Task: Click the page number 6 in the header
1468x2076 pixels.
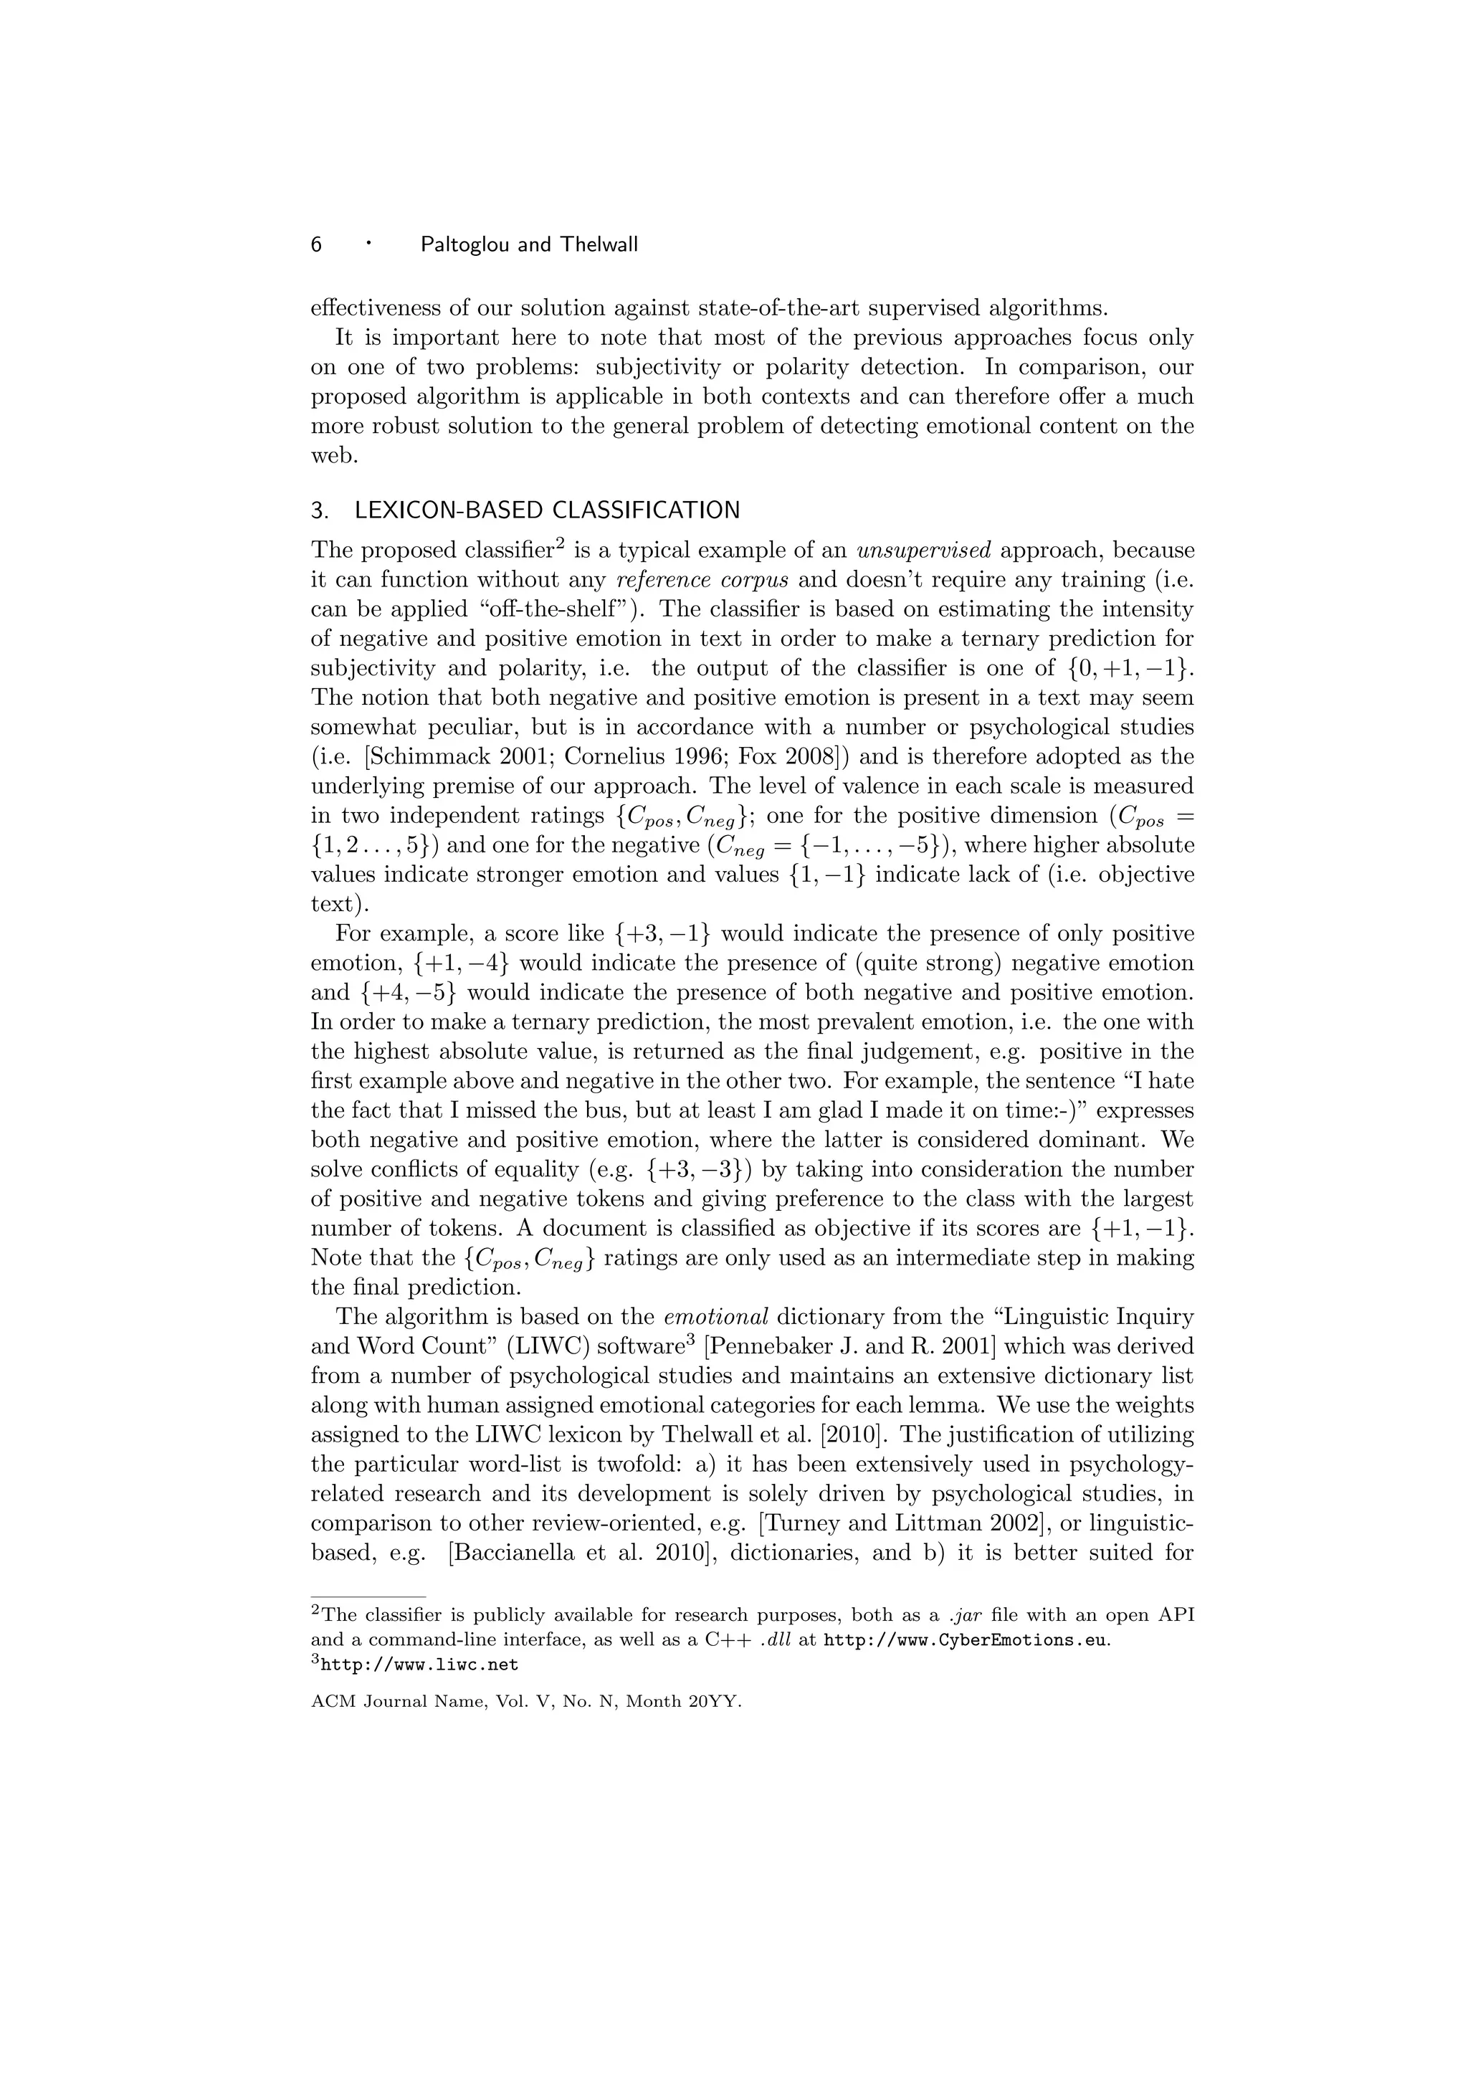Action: coord(316,244)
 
